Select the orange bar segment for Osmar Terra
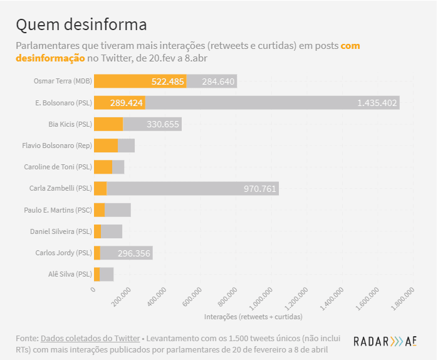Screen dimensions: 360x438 coord(140,81)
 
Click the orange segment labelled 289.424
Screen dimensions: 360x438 coord(119,103)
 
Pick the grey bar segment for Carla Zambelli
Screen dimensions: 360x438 coord(192,188)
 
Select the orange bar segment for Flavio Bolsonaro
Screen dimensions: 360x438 coord(105,146)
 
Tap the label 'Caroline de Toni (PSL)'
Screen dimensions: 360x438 coord(58,167)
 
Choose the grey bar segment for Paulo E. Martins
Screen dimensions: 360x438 coord(118,210)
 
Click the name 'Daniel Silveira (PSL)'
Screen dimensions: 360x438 coord(61,231)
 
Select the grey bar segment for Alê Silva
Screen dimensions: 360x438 coord(107,274)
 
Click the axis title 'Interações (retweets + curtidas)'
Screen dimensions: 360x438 coord(253,316)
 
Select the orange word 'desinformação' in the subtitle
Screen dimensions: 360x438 coord(50,58)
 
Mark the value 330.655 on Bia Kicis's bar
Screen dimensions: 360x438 coord(163,124)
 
